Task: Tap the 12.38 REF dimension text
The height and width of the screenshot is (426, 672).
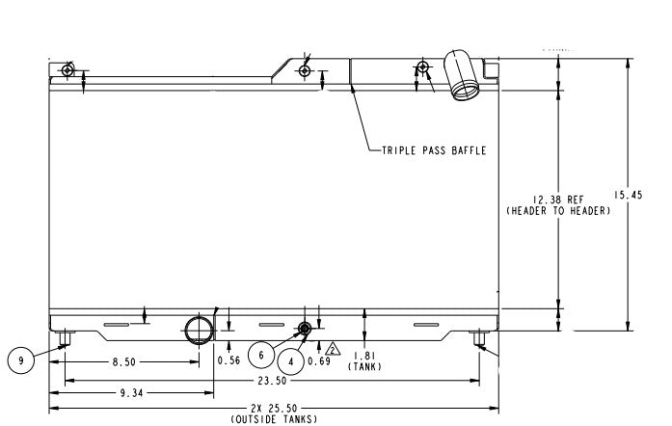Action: pyautogui.click(x=558, y=200)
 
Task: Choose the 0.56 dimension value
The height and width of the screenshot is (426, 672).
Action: pyautogui.click(x=228, y=360)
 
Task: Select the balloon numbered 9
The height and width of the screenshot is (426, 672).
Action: pyautogui.click(x=20, y=360)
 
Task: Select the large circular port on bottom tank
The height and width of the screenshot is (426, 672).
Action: pyautogui.click(x=199, y=328)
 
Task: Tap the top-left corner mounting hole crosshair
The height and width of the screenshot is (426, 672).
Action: pyautogui.click(x=66, y=70)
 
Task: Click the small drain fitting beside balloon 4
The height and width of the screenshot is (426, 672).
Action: pyautogui.click(x=305, y=329)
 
